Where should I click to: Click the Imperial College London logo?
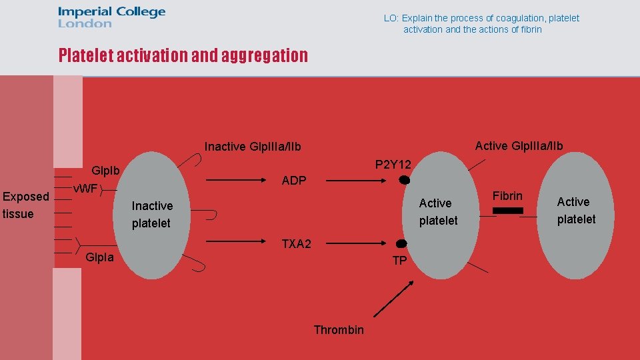pos(111,17)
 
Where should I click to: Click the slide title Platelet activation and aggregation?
pos(183,55)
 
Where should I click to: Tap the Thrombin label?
pos(339,330)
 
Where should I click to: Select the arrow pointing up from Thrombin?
pos(393,298)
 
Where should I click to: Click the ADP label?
pos(294,181)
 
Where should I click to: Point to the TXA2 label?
pos(296,244)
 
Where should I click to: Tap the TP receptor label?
pos(399,261)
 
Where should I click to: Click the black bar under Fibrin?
pos(508,211)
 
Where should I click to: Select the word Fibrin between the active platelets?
pos(507,196)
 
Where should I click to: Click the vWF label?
pos(85,188)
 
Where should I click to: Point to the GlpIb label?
pos(105,171)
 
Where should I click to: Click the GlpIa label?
pos(100,257)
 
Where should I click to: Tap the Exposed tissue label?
pos(26,205)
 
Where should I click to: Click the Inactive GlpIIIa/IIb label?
pos(253,147)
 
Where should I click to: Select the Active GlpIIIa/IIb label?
pos(519,146)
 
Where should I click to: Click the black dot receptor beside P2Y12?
pos(404,180)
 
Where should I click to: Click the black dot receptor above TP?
pos(401,244)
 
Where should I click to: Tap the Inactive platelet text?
pos(152,215)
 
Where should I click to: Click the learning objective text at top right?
pos(481,24)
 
